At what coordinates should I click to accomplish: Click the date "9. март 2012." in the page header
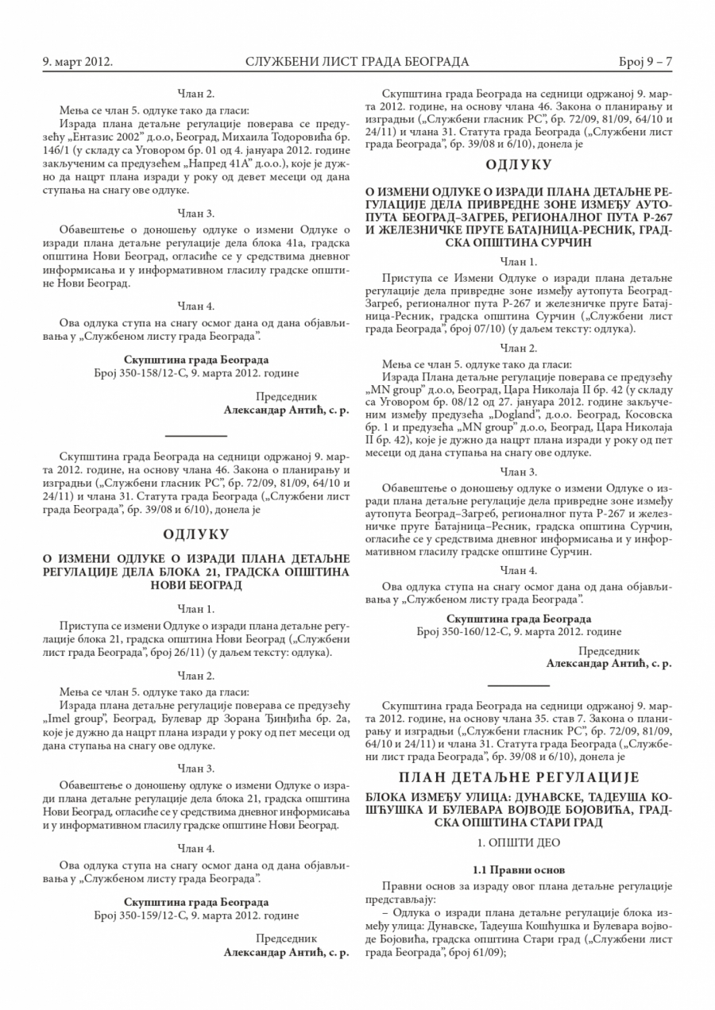click(77, 61)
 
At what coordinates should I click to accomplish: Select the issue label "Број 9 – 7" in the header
click(645, 61)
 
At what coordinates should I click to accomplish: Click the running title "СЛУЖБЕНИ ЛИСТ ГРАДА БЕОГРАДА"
click(357, 61)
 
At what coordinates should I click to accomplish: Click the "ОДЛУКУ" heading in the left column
click(196, 533)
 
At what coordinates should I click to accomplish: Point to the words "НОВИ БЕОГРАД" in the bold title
click(196, 584)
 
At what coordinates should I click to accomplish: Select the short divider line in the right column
click(518, 683)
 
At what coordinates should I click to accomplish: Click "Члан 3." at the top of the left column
click(196, 213)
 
